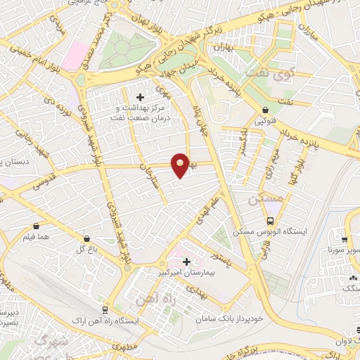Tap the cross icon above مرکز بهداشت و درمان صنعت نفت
139,96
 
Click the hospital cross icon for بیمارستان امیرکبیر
186,262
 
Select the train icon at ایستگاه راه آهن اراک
104,309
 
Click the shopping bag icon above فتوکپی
266,110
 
